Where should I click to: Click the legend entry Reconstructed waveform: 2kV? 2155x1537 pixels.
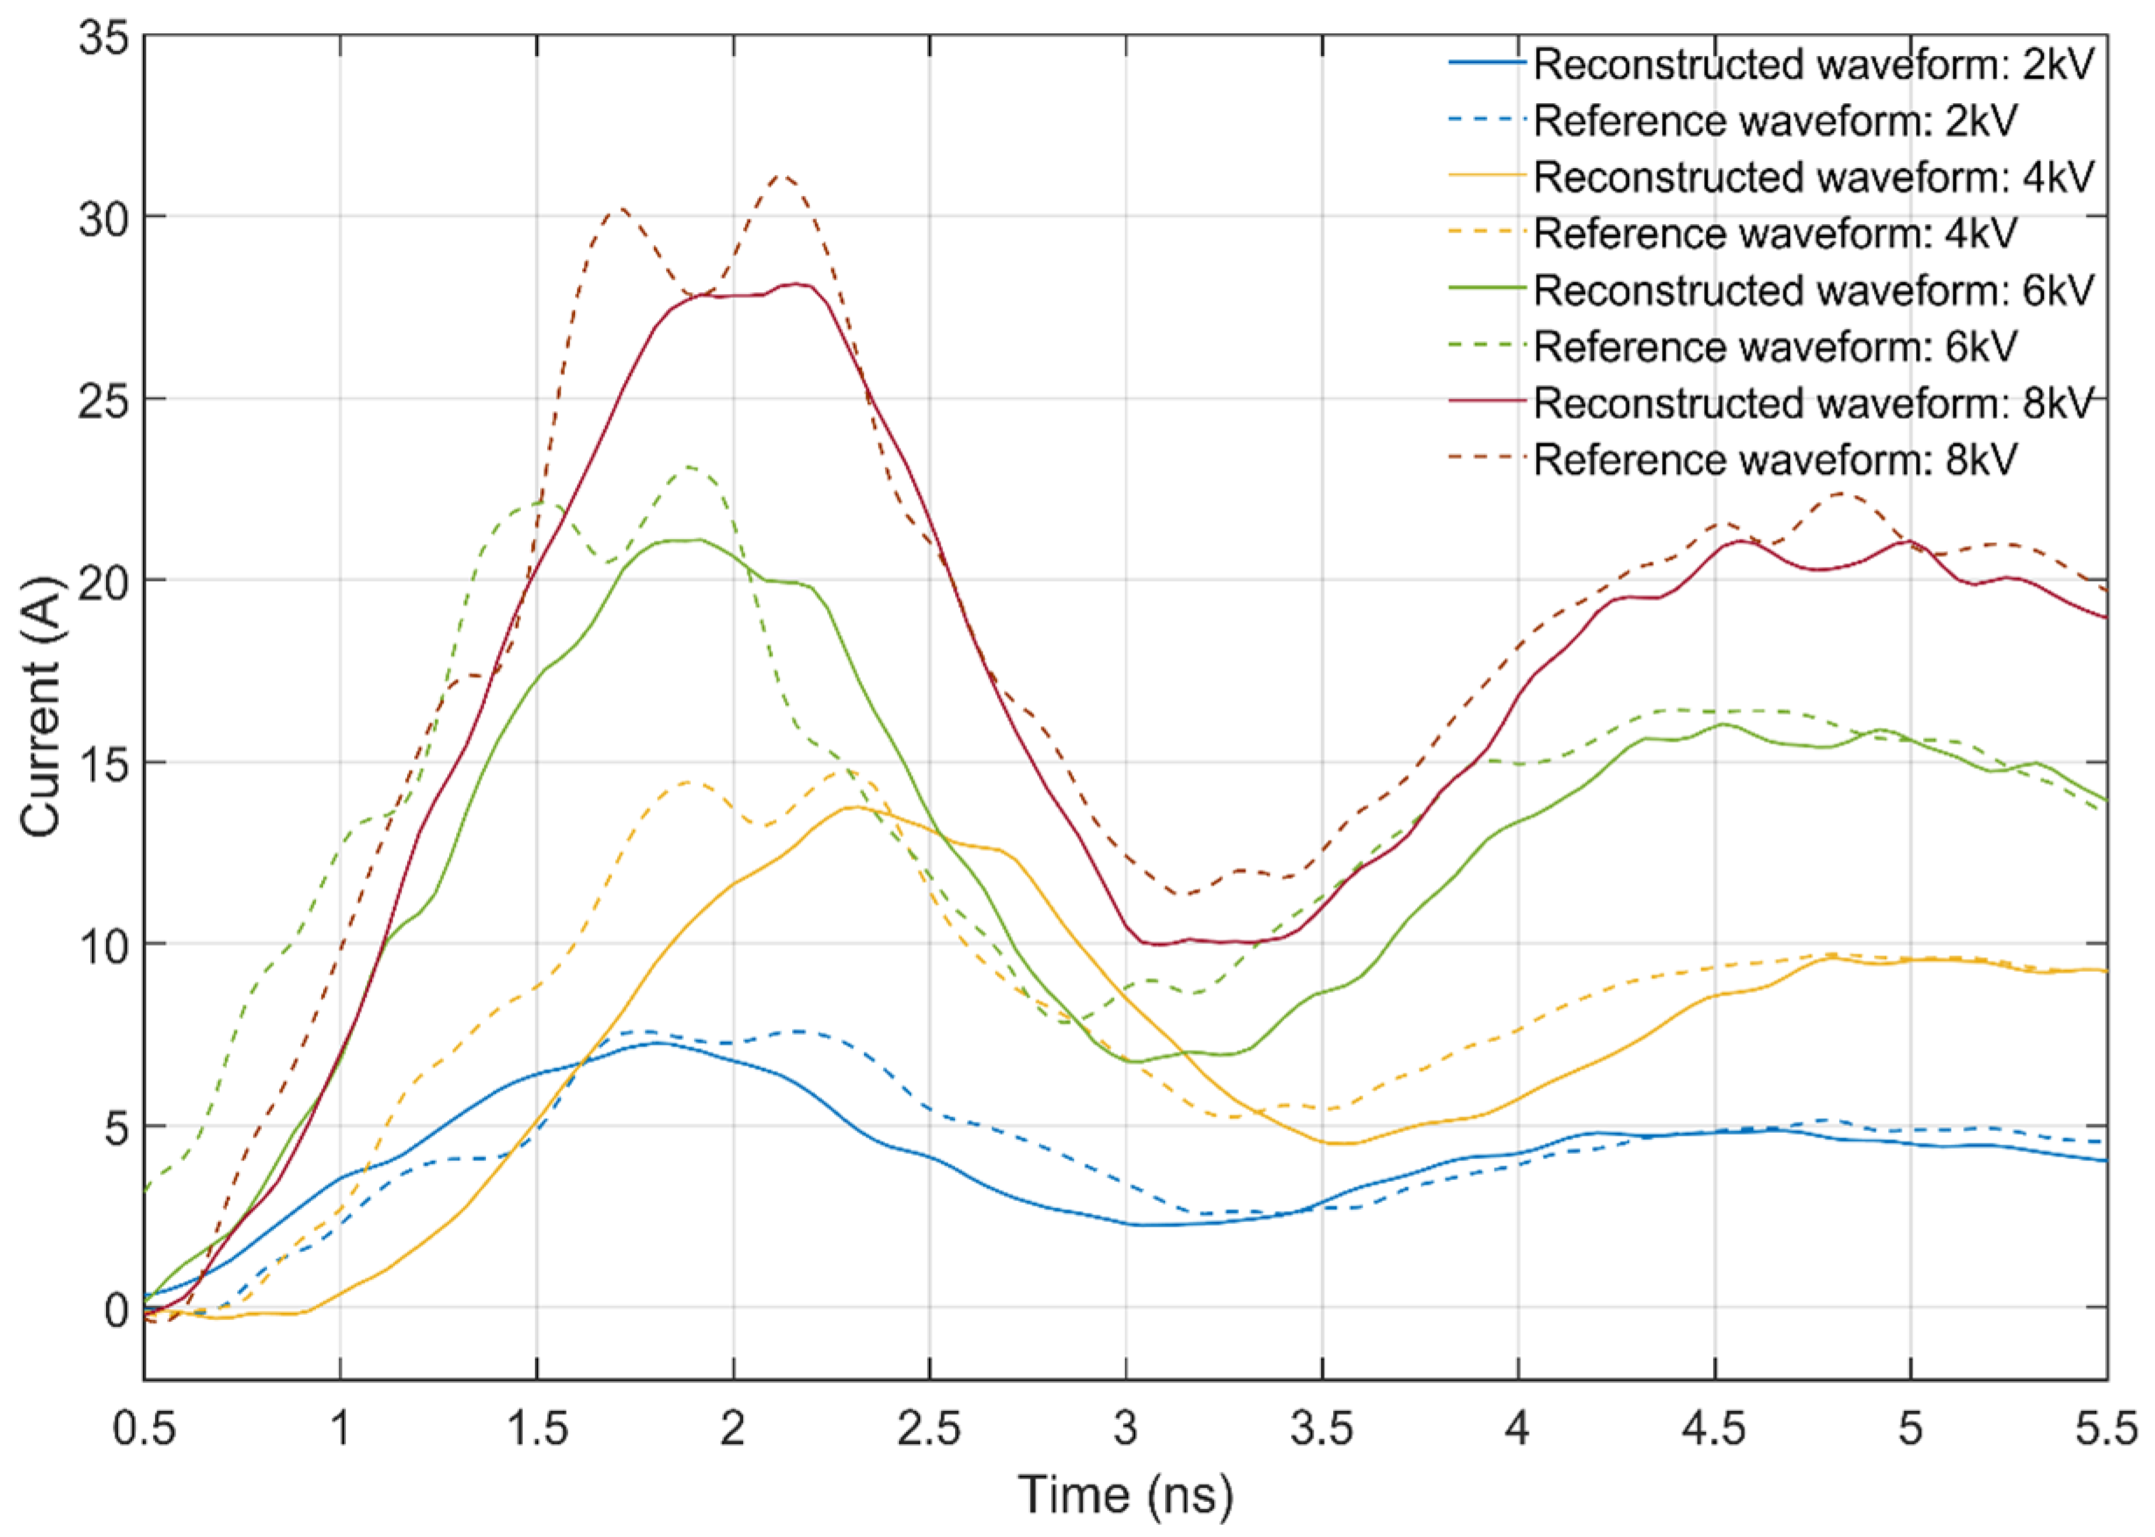point(1812,65)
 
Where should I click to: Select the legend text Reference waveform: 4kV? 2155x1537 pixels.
point(1774,233)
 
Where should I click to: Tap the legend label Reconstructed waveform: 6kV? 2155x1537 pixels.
point(1812,290)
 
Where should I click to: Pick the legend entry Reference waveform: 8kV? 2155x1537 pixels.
point(1774,459)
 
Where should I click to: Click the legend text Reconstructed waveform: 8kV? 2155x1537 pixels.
point(1812,403)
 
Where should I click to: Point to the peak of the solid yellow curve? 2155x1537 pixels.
point(854,807)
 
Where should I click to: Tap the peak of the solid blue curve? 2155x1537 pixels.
point(657,1043)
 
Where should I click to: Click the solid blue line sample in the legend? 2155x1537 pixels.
point(1486,62)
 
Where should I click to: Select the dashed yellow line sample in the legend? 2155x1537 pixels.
point(1486,232)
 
